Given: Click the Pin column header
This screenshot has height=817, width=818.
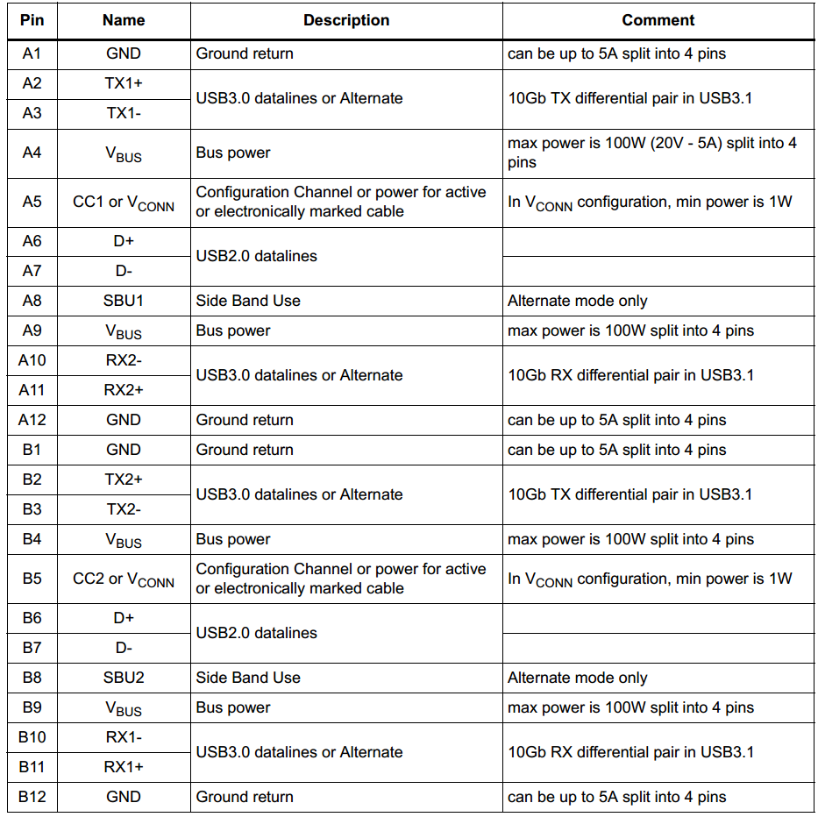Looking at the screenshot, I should pyautogui.click(x=32, y=20).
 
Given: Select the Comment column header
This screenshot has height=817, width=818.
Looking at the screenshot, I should pyautogui.click(x=658, y=20).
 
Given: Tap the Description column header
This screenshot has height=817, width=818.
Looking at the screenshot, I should pyautogui.click(x=346, y=20).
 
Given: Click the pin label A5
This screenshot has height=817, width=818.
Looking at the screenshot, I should pyautogui.click(x=32, y=202).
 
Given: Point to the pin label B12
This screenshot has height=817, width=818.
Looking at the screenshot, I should pyautogui.click(x=32, y=797).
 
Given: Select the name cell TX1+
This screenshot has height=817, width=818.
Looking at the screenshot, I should pyautogui.click(x=124, y=83).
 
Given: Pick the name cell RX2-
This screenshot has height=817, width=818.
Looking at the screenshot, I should pyautogui.click(x=124, y=360).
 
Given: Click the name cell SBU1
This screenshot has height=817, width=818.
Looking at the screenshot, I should pyautogui.click(x=124, y=301).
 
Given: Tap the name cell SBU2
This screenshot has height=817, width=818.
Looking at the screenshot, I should pyautogui.click(x=124, y=678).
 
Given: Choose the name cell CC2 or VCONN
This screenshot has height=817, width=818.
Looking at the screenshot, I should pyautogui.click(x=124, y=579).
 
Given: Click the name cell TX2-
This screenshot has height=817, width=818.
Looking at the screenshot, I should pyautogui.click(x=124, y=509).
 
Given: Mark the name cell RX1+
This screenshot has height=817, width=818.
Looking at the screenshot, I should pyautogui.click(x=124, y=767).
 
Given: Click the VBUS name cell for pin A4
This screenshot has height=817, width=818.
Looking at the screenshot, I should pyautogui.click(x=124, y=153).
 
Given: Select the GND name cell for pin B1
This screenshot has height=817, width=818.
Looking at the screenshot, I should pyautogui.click(x=124, y=450).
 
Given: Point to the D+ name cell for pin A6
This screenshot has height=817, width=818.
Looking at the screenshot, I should pyautogui.click(x=124, y=241).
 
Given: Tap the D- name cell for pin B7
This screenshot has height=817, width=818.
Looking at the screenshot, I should pyautogui.click(x=124, y=648).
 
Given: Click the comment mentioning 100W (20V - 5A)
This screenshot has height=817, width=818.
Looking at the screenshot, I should pyautogui.click(x=652, y=153).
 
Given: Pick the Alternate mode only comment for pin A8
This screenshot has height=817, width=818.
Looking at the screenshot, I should pyautogui.click(x=577, y=301).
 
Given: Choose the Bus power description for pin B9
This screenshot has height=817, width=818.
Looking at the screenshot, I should pyautogui.click(x=233, y=707).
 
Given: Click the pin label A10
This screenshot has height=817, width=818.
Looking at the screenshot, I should pyautogui.click(x=32, y=360).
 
